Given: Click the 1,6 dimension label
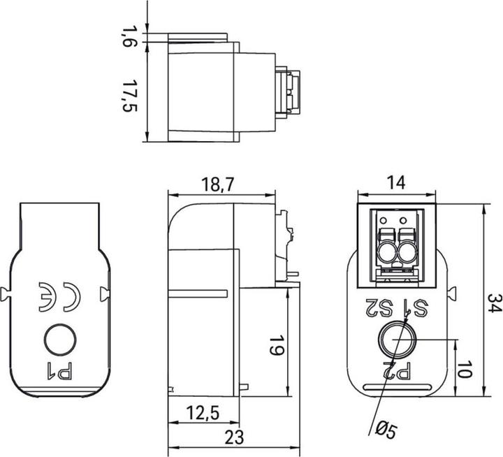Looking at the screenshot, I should [129, 36].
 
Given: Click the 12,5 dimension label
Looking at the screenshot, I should [203, 414].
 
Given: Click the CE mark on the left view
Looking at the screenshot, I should [59, 296].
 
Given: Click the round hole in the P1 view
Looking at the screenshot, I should [60, 340].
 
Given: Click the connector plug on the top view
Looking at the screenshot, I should [289, 91].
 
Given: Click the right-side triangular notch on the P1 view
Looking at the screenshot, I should [105, 292].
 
